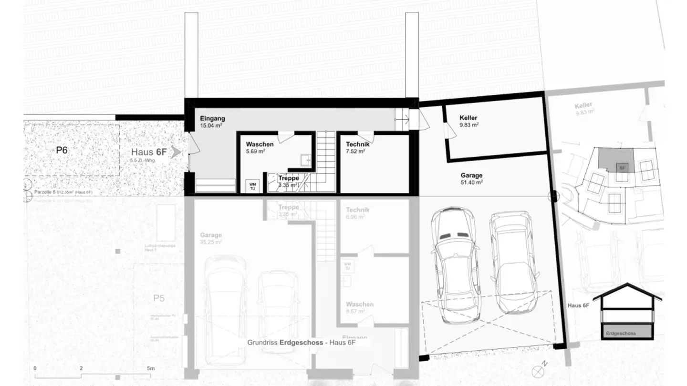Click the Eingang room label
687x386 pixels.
(212, 119)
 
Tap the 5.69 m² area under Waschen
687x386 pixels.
(255, 151)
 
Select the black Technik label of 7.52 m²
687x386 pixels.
(357, 144)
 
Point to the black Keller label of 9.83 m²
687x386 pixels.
(468, 118)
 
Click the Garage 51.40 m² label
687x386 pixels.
(471, 175)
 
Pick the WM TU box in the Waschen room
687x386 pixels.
(251, 185)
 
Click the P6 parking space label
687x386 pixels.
(62, 150)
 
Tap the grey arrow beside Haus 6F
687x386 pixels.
(177, 152)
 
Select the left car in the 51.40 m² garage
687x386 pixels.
(455, 265)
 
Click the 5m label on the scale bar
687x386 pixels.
(151, 368)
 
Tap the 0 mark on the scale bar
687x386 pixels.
(35, 368)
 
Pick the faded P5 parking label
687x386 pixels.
(159, 299)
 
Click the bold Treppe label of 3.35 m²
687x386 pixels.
(289, 178)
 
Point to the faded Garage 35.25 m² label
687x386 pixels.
(211, 235)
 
